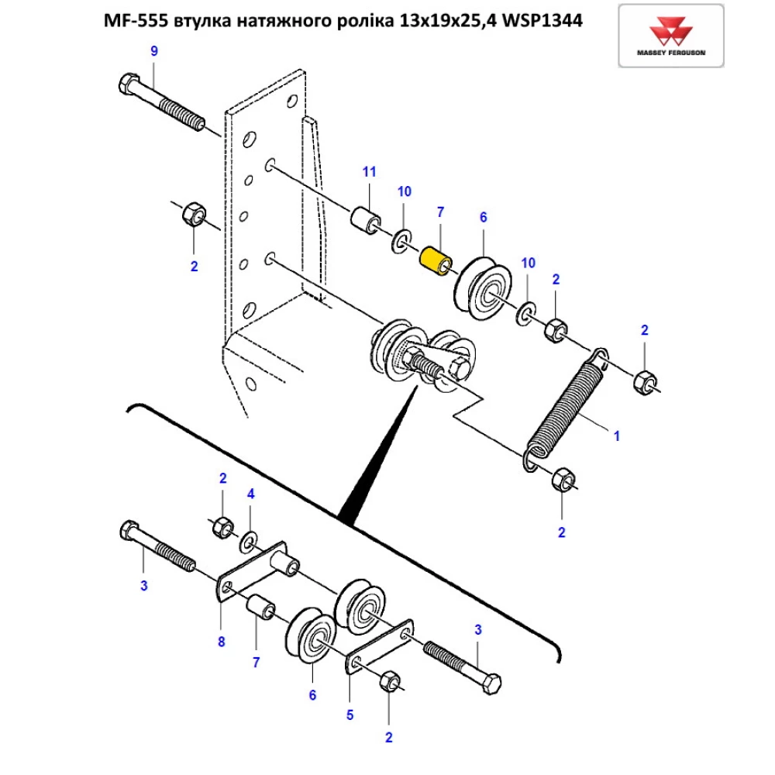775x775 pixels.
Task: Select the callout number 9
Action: (153, 51)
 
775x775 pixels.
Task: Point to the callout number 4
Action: (250, 494)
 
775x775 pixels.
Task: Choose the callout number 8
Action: (222, 641)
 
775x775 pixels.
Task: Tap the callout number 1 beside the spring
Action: (617, 436)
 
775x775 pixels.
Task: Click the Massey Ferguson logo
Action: (671, 35)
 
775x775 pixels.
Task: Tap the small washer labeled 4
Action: (250, 538)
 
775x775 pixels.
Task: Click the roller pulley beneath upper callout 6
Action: (485, 288)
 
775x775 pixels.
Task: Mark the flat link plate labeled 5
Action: (380, 643)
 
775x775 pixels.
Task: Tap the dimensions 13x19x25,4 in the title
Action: (445, 22)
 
